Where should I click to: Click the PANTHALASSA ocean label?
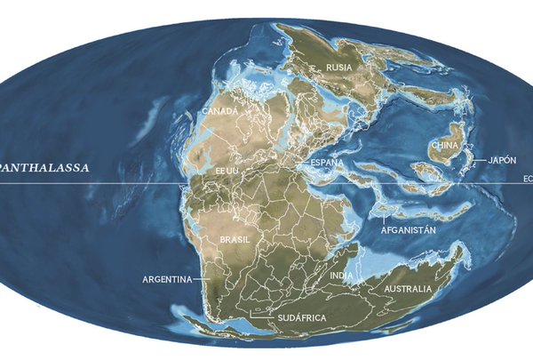(x=46, y=167)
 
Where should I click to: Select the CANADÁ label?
(x=220, y=112)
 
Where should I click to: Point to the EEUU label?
(x=227, y=168)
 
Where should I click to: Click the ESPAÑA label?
(x=327, y=164)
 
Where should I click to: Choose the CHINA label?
(x=443, y=145)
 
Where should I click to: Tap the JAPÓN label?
(x=499, y=161)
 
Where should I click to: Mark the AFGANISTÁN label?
(x=409, y=229)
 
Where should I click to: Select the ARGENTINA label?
(x=167, y=279)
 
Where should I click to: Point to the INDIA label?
(x=341, y=276)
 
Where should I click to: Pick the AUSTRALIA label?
(x=407, y=289)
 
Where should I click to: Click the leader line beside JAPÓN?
(x=479, y=162)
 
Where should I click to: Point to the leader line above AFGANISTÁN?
(x=383, y=216)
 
